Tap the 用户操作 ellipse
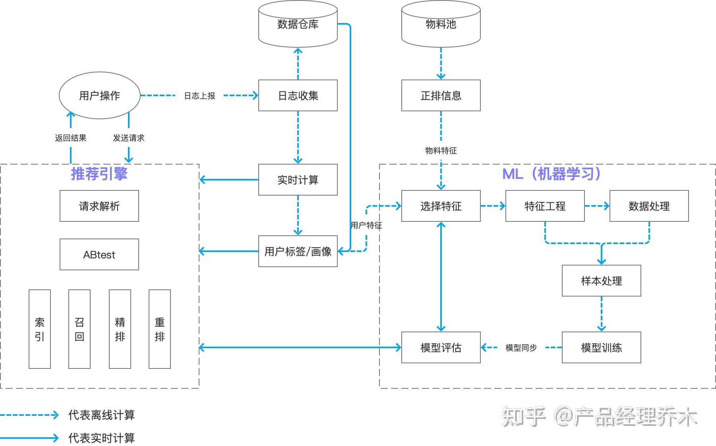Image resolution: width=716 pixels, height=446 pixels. click(x=99, y=96)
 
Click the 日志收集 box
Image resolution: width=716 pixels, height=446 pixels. click(x=298, y=96)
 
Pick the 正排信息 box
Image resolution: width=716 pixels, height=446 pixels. click(x=441, y=96)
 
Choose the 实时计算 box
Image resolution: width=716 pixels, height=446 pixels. click(x=298, y=180)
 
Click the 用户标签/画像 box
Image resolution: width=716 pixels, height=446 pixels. click(x=298, y=251)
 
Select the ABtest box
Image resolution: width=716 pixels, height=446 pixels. click(x=99, y=255)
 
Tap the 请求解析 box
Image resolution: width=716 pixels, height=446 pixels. click(x=99, y=206)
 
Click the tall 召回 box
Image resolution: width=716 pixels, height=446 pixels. click(x=79, y=329)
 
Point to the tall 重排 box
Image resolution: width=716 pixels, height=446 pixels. click(x=160, y=329)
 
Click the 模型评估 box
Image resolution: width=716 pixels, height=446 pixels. click(x=441, y=348)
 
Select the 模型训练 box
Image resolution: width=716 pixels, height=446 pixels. click(x=601, y=348)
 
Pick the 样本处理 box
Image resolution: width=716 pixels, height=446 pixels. click(x=601, y=281)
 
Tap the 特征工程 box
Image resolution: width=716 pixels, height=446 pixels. click(x=545, y=206)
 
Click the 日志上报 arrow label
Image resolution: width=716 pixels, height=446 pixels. click(x=199, y=96)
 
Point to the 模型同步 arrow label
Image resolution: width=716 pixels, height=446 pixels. click(x=521, y=348)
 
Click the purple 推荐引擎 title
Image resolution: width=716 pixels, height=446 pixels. click(x=99, y=174)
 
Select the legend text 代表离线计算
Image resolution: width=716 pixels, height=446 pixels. click(x=102, y=415)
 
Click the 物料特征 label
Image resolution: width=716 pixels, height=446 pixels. click(x=441, y=151)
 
